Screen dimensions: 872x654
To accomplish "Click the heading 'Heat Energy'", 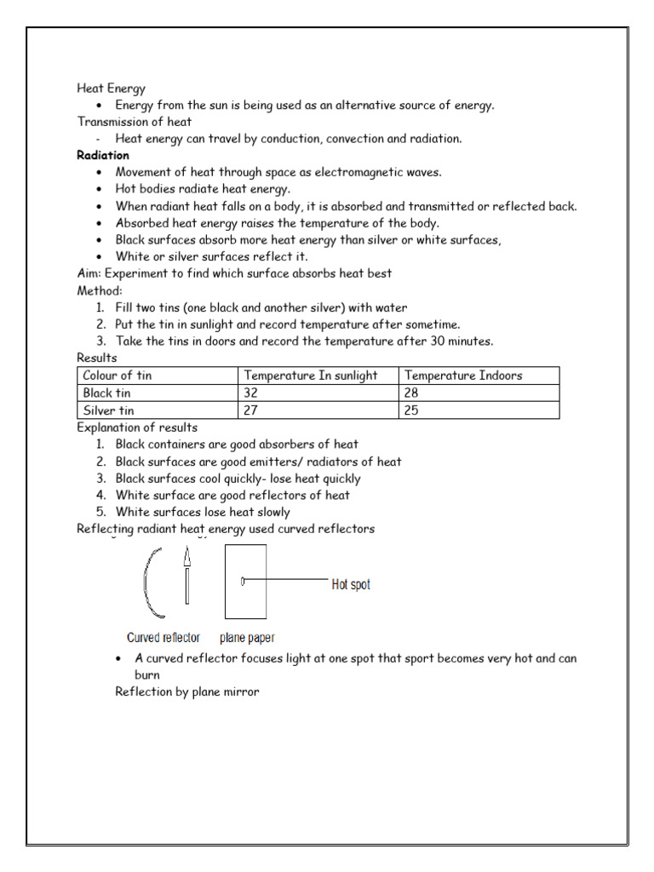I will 111,88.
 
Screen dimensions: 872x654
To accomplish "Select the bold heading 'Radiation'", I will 102,155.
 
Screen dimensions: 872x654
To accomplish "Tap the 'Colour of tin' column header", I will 117,376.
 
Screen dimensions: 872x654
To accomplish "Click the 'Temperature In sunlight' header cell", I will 310,376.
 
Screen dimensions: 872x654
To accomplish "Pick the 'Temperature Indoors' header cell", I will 463,376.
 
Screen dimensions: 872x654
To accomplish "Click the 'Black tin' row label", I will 107,393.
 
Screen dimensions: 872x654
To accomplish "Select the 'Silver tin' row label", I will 108,410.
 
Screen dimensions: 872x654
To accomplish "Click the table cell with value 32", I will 252,393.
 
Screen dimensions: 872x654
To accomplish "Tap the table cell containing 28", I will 412,393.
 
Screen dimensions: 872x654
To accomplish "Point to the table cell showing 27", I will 252,410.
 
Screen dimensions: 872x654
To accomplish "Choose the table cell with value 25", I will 412,410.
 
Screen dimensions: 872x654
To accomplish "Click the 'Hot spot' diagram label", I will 350,585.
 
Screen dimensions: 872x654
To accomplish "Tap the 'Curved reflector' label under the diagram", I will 163,637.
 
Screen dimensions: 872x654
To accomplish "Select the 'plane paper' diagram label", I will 247,637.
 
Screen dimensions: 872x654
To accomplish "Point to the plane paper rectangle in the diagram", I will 246,596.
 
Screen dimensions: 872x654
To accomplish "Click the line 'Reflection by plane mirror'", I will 186,691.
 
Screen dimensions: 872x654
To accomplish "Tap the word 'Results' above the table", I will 96,358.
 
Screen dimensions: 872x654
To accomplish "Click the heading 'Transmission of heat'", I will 135,122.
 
